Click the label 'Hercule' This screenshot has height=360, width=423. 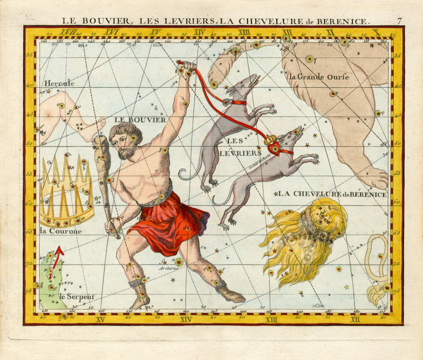pos(59,83)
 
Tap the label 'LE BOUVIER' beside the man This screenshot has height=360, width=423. pos(140,120)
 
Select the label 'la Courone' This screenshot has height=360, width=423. pos(61,231)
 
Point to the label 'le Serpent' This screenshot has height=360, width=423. pos(76,297)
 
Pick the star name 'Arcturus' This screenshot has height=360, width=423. pos(169,268)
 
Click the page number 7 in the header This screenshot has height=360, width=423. pos(399,21)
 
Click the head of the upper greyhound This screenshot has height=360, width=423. pos(249,84)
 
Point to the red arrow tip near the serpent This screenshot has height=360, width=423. pos(60,250)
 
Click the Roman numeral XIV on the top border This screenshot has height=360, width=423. pos(199,32)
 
